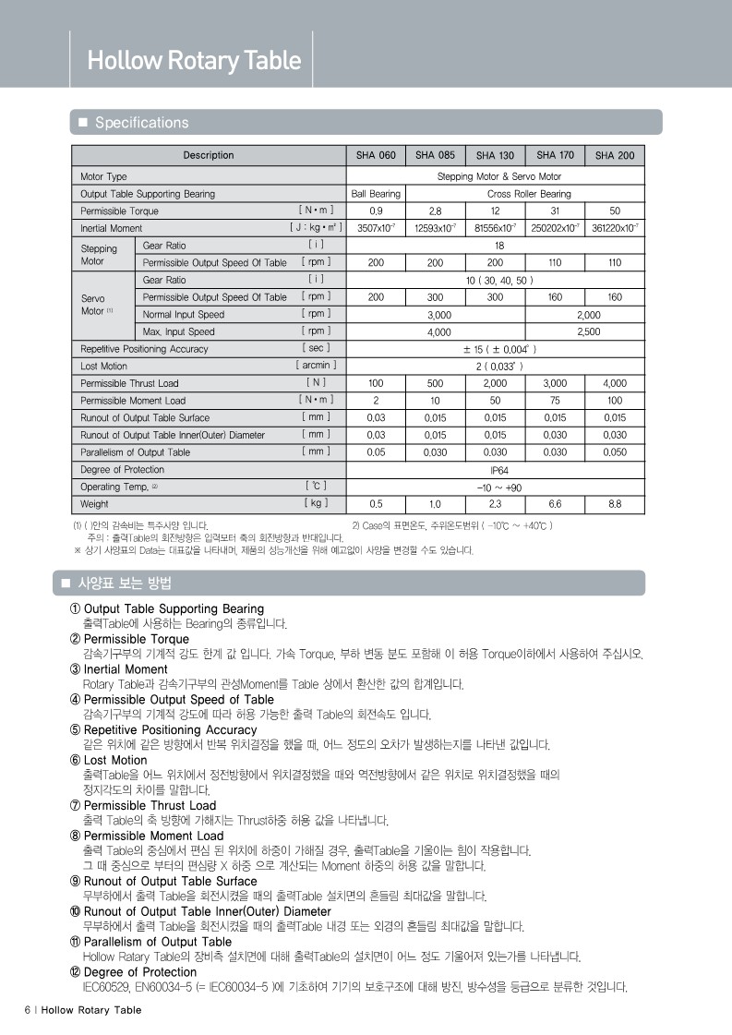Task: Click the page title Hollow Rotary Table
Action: [x=194, y=61]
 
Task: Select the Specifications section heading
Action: [x=141, y=123]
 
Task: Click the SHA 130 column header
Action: [x=495, y=155]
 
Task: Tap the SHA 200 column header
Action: [x=615, y=155]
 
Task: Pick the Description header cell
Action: [x=209, y=155]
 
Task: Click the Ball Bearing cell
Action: [x=376, y=194]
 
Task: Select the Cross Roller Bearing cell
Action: [x=529, y=194]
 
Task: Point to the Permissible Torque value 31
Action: [x=555, y=211]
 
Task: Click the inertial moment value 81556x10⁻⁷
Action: [x=495, y=228]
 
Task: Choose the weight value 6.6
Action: [x=555, y=504]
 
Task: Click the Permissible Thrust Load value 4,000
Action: [x=615, y=383]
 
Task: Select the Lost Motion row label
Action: [x=103, y=367]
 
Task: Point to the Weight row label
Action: [x=95, y=504]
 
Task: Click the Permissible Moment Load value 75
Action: [x=555, y=401]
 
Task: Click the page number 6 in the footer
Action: [x=27, y=1010]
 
